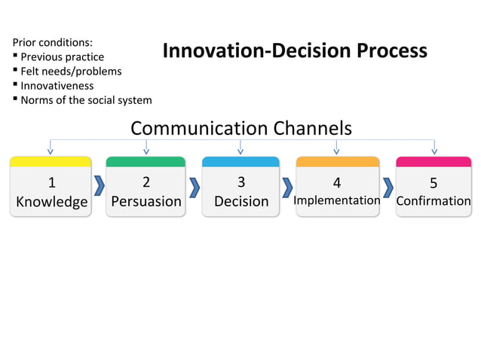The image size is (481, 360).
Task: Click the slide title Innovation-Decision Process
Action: pos(295,52)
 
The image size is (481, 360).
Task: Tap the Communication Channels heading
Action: pos(240,128)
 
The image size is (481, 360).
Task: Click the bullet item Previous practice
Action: pos(62,56)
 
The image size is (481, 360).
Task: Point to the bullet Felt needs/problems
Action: pos(70,71)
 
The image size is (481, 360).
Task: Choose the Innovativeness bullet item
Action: pos(57,85)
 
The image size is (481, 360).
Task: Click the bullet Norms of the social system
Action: pos(85,99)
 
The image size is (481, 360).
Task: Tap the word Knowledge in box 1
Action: pos(51,201)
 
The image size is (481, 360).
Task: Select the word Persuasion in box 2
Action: pos(146,201)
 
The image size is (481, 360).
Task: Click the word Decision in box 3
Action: pos(240,201)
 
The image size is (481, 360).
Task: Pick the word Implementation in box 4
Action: pos(336,200)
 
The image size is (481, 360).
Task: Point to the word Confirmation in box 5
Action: pos(434,201)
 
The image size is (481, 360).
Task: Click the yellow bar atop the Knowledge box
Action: pos(51,161)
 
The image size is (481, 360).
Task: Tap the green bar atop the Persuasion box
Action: pos(146,161)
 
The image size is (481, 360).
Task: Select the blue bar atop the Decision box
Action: pos(240,161)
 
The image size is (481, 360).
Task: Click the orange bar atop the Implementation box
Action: pos(337,161)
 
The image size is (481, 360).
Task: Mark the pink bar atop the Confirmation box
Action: pos(434,161)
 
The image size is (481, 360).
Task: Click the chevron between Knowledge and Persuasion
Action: pos(99,186)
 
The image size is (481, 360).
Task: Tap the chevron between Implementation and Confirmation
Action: pos(388,186)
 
